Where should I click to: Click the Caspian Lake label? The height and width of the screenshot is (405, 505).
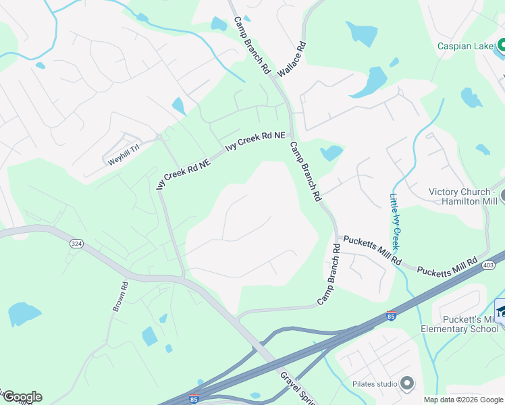pyautogui.click(x=466, y=46)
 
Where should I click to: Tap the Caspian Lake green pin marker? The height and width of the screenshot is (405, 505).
pyautogui.click(x=502, y=47)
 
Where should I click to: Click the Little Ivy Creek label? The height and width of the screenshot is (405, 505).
pyautogui.click(x=396, y=221)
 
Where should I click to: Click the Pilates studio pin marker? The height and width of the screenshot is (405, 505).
pyautogui.click(x=406, y=383)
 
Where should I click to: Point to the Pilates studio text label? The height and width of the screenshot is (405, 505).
pyautogui.click(x=375, y=384)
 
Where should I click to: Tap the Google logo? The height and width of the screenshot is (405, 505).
pyautogui.click(x=22, y=397)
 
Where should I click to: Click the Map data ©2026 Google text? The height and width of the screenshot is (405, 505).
pyautogui.click(x=463, y=400)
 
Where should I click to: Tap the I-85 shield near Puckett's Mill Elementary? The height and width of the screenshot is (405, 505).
pyautogui.click(x=391, y=315)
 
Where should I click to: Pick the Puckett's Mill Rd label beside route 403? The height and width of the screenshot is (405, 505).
pyautogui.click(x=447, y=265)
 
